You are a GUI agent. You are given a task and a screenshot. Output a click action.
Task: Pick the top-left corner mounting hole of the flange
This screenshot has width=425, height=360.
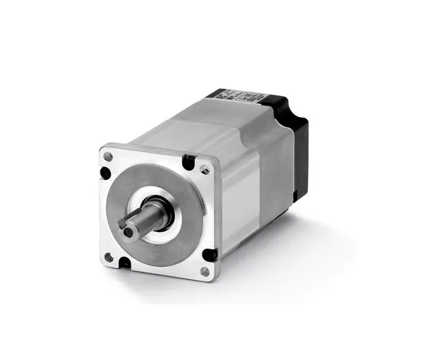click(x=108, y=155)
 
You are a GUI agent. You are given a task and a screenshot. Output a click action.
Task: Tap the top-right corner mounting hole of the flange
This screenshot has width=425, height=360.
click(x=204, y=170)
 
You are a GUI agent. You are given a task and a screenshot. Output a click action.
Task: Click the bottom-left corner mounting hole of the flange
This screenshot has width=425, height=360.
click(x=108, y=256)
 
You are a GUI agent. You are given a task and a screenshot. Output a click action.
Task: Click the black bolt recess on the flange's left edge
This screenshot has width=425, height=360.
click(x=106, y=173)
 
